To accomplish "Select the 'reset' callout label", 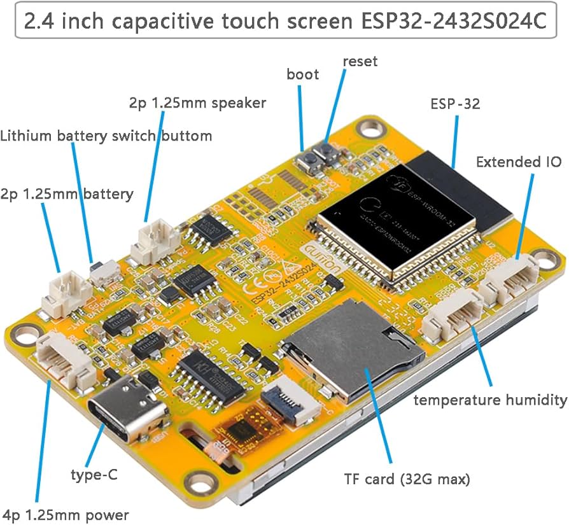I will [x=360, y=62].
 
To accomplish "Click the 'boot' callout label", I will [x=302, y=74].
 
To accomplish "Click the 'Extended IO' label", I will [x=519, y=162].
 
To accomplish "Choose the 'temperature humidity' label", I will [x=490, y=400].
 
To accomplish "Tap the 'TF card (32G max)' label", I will [x=407, y=479].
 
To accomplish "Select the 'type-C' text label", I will [x=94, y=474].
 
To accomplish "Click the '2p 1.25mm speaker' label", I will [x=197, y=102].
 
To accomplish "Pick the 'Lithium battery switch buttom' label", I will [x=106, y=136].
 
